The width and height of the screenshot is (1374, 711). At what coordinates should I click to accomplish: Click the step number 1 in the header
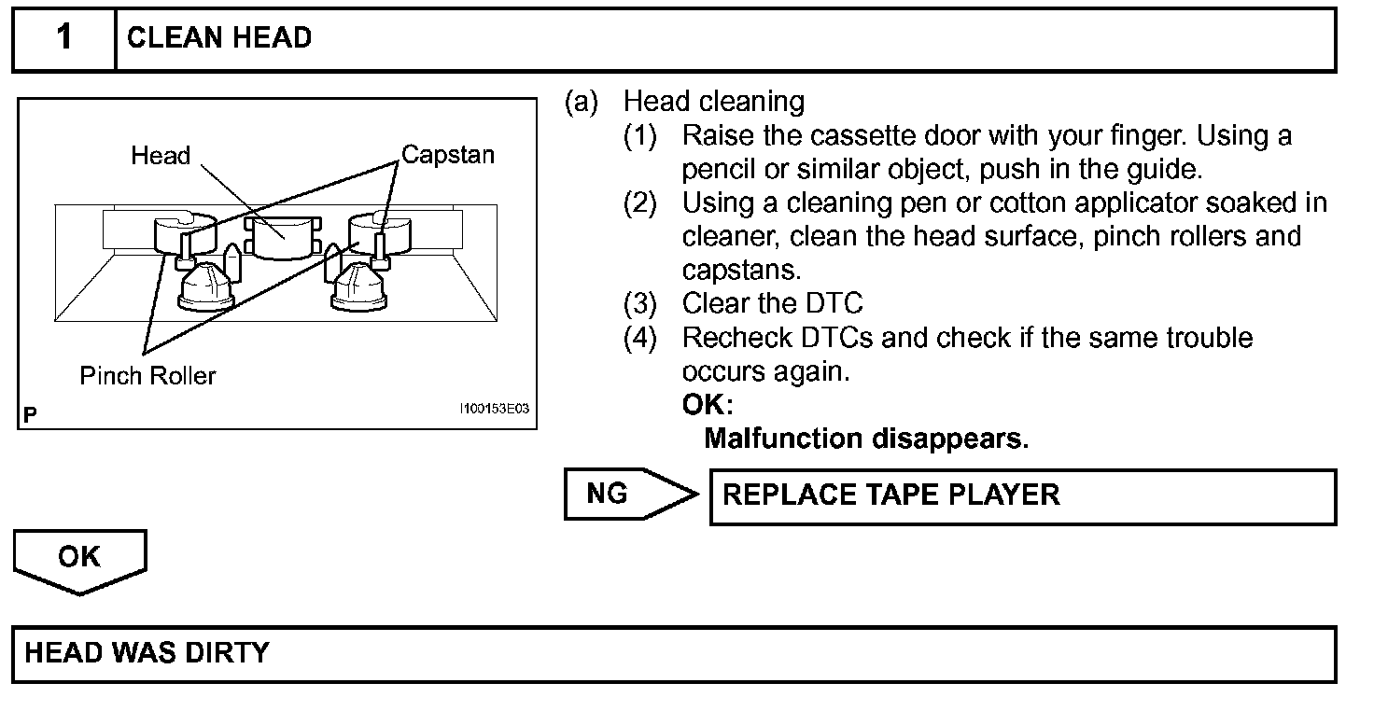tap(63, 37)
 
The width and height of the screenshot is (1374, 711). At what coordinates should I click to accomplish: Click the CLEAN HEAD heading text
tap(218, 38)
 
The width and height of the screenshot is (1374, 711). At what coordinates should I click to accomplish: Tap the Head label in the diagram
tap(161, 156)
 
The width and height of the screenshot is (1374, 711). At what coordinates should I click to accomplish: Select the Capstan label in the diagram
tap(447, 155)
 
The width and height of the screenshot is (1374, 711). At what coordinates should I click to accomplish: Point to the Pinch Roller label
tap(147, 376)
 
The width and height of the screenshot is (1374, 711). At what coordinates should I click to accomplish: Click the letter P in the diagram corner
tap(31, 415)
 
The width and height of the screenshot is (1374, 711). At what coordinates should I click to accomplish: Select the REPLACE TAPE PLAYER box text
tap(890, 495)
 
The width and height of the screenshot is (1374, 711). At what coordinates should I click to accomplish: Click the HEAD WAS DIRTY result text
tap(147, 652)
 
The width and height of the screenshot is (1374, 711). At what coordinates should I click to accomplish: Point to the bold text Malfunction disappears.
tap(865, 439)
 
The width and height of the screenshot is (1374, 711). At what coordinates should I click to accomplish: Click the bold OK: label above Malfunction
tap(708, 405)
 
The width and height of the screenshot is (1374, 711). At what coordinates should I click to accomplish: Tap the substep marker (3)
tap(640, 303)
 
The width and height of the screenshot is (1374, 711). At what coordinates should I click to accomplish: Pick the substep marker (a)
tap(581, 102)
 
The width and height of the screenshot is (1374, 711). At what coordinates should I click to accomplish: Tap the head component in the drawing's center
tap(282, 238)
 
